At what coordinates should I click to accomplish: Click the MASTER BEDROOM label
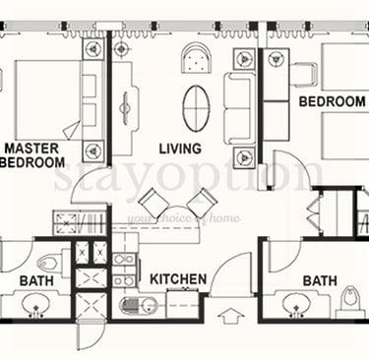pos(32,155)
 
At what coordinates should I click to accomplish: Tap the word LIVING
pos(180,149)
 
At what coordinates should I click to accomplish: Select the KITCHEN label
pos(178,279)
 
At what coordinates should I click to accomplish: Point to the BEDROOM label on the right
pos(333,101)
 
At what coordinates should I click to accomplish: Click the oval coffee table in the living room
pos(197,107)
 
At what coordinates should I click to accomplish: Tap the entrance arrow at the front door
pos(231,316)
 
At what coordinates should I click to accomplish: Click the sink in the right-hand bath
pos(296,305)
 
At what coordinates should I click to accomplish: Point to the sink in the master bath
pos(35,305)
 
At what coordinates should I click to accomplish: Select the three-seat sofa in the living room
pos(240,108)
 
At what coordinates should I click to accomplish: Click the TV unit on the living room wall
pos(125,108)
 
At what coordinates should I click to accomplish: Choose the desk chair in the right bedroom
pos(304,75)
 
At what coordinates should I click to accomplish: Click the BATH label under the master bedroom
pos(36,281)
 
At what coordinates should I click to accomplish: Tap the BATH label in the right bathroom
pos(320,281)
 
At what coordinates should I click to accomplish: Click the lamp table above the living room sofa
pos(244,59)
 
